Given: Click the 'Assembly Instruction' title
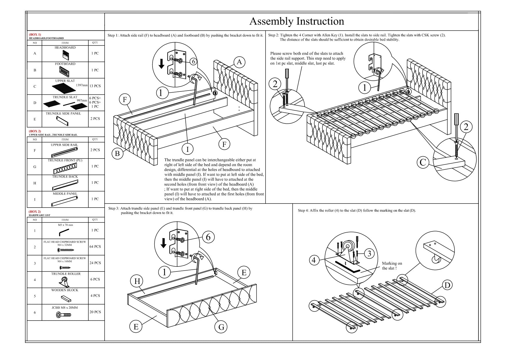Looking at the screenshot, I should click(296, 21).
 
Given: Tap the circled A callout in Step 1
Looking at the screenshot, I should click(239, 62).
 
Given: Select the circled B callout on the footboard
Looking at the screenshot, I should click(117, 153).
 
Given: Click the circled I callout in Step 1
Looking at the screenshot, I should click(187, 149).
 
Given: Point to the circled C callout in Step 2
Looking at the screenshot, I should click(423, 162).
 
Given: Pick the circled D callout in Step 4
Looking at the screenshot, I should click(448, 285).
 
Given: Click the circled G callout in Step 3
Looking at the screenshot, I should click(221, 327).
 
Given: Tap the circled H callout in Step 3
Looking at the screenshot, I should click(137, 281).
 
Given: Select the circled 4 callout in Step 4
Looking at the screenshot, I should click(314, 260).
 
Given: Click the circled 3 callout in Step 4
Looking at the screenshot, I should click(369, 253).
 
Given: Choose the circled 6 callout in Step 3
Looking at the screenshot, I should click(208, 237).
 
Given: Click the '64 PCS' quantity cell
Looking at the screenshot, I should click(95, 246).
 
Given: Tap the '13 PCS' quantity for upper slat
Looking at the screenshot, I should click(95, 86).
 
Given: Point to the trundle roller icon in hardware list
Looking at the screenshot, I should click(64, 282).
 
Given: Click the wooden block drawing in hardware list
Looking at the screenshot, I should click(66, 298).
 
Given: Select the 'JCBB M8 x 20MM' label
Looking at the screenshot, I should click(65, 307).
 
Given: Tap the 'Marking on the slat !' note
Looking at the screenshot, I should click(392, 266).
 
